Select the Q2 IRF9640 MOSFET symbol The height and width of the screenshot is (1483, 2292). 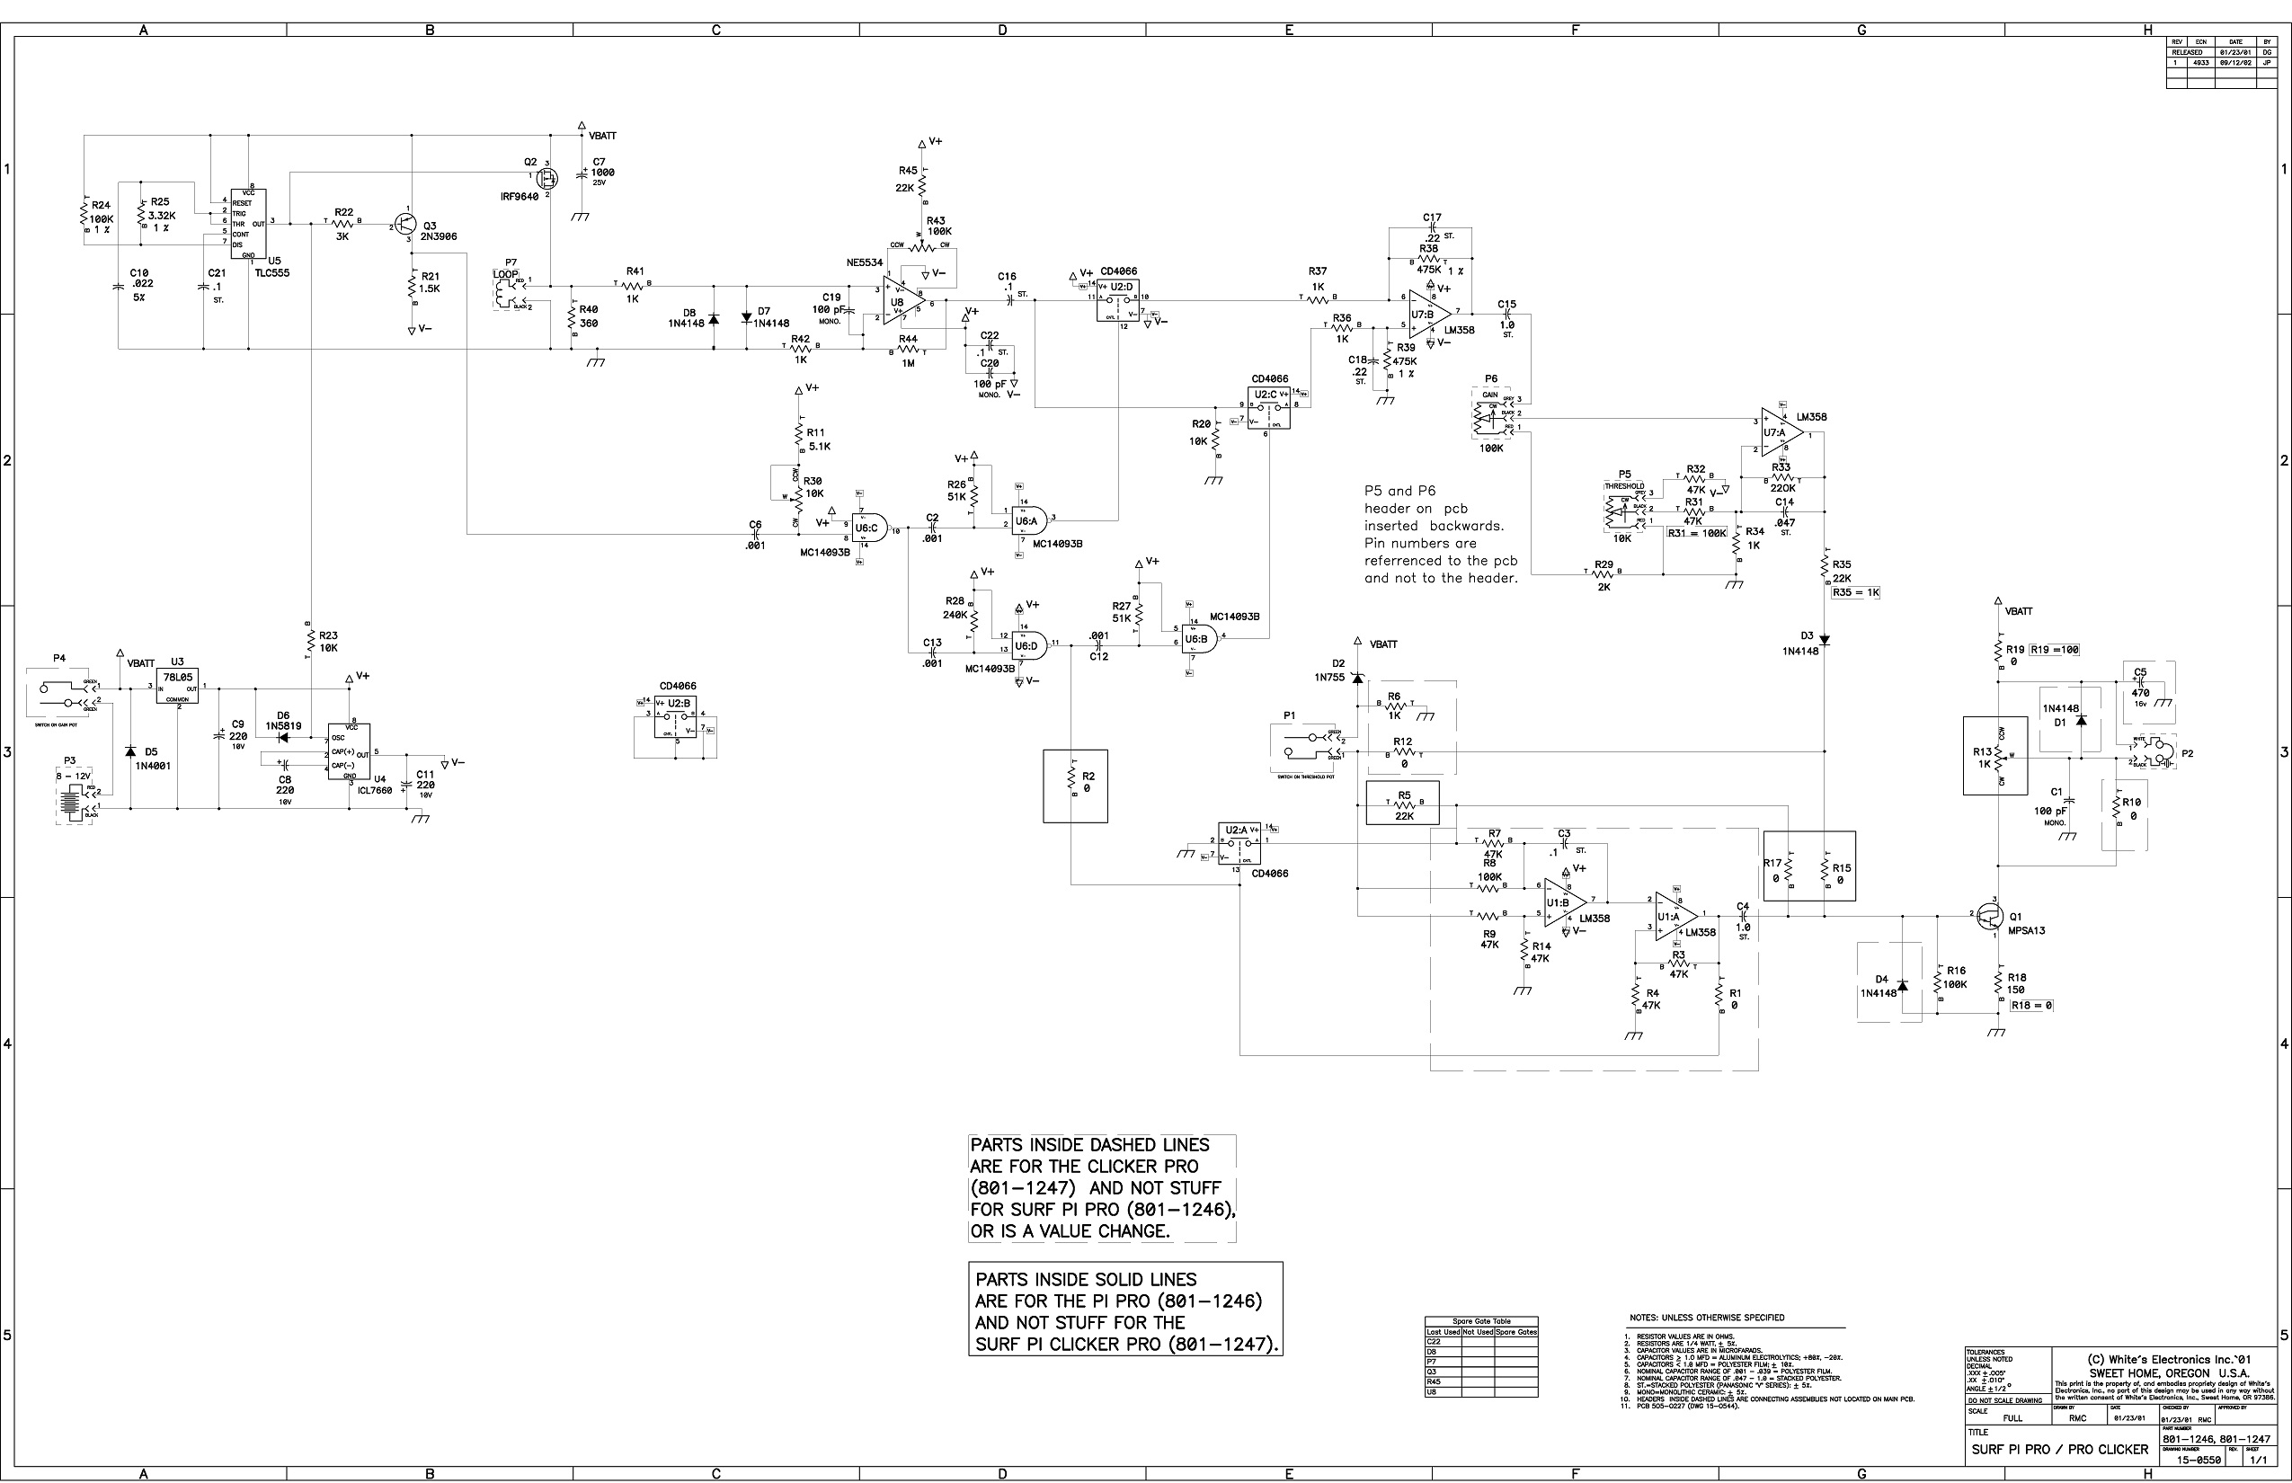547,177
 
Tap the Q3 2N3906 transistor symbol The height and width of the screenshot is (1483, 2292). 405,225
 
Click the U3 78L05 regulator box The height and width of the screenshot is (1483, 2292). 177,687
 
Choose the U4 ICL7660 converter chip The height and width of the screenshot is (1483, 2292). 349,752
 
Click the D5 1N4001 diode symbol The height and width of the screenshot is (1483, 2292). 130,751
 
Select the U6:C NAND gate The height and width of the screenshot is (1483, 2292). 868,528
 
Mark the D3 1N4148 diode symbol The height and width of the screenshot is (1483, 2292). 1825,638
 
